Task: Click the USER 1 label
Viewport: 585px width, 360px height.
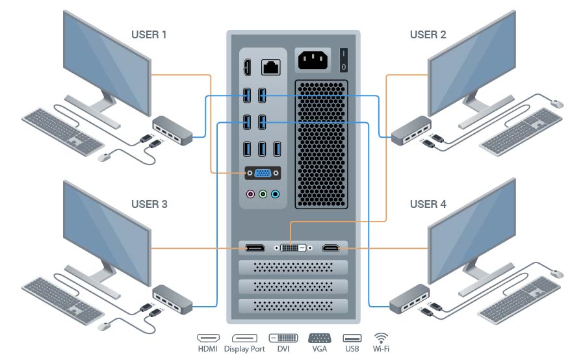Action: (x=149, y=34)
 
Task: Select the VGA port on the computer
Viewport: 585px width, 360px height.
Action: (x=263, y=174)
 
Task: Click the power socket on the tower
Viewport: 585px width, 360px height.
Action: (x=313, y=60)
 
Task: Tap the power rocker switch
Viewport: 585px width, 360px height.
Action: (x=343, y=60)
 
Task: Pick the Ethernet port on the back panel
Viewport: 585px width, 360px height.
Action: (x=270, y=66)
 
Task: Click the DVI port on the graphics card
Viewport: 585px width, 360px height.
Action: (x=294, y=248)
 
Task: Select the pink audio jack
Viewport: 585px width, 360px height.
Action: (x=250, y=194)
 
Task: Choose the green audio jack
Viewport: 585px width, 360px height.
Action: (x=263, y=194)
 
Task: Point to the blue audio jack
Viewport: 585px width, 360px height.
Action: (x=275, y=194)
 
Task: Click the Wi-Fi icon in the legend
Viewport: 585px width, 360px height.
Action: (x=381, y=338)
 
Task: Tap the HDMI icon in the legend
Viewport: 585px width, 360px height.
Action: (x=208, y=338)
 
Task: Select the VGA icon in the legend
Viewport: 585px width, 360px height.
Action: (x=319, y=338)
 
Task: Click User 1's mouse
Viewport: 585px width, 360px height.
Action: (x=103, y=157)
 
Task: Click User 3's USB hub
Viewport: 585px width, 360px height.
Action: (x=172, y=297)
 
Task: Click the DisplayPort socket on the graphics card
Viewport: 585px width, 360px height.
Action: (x=254, y=248)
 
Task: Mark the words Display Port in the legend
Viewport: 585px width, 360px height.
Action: (x=244, y=349)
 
